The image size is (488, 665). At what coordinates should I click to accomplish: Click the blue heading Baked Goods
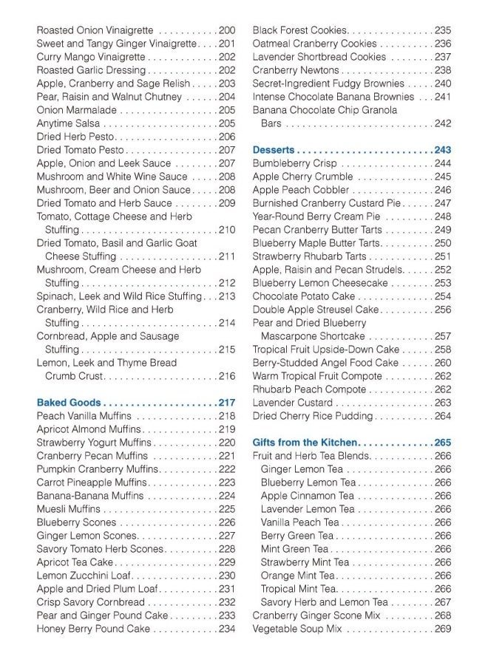(x=69, y=403)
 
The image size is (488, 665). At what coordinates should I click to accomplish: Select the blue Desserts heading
(x=274, y=150)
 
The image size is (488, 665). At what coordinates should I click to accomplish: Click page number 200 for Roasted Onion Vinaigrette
(x=226, y=30)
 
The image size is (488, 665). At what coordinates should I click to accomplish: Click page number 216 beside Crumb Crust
(x=226, y=376)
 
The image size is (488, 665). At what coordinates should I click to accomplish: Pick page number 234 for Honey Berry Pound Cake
(x=226, y=629)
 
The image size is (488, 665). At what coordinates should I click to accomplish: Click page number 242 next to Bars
(x=442, y=123)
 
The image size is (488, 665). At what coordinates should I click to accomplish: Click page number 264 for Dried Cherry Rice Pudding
(x=442, y=416)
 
